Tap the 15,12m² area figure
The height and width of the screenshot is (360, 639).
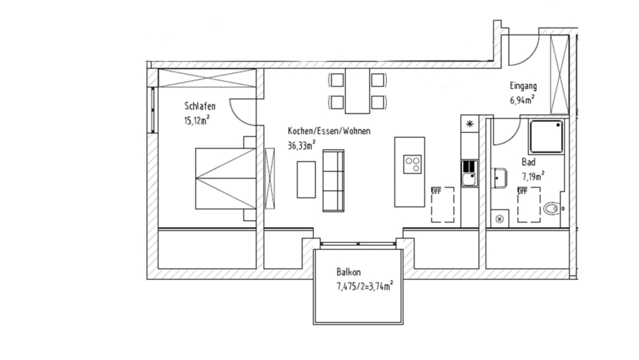[x=197, y=119]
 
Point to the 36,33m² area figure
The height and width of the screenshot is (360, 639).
[x=302, y=146]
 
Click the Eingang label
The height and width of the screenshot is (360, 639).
[x=522, y=87]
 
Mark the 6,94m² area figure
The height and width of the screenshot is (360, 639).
[x=522, y=99]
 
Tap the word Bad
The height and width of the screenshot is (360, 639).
[x=528, y=162]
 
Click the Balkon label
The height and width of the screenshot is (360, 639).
[x=349, y=272]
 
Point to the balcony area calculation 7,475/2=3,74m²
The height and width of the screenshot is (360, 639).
[x=364, y=286]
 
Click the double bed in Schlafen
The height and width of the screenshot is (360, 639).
[x=222, y=178]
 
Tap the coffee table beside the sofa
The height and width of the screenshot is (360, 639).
[x=306, y=180]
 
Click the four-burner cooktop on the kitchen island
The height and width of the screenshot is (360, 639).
[x=412, y=165]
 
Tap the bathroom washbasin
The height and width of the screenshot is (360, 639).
[x=499, y=176]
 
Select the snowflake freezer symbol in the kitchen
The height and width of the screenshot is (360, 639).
[x=469, y=124]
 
